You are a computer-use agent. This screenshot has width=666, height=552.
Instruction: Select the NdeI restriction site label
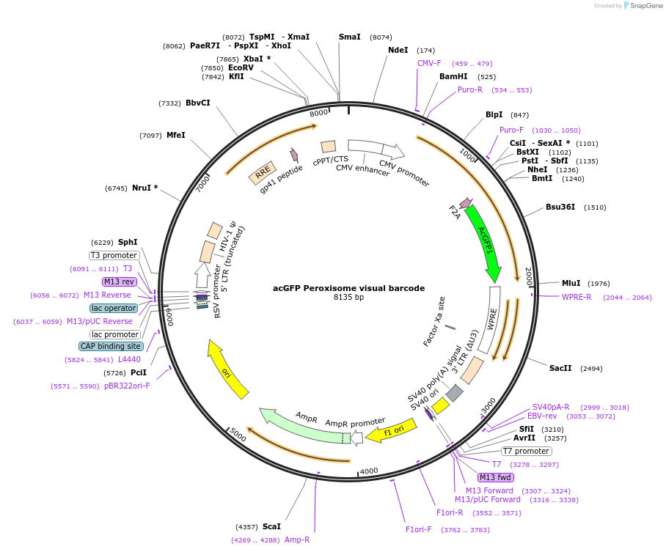[x=398, y=50]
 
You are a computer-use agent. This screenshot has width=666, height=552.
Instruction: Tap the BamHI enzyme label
[x=453, y=76]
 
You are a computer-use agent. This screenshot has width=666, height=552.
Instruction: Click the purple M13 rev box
[x=120, y=281]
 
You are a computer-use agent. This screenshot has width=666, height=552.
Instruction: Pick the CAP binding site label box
[x=111, y=346]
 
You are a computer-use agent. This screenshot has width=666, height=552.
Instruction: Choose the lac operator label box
[x=114, y=308]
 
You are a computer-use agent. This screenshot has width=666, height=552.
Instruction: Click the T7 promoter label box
[x=526, y=451]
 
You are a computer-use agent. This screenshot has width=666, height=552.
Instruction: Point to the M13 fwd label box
[x=495, y=477]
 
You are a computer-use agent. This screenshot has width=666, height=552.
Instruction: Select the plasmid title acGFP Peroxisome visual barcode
[x=348, y=288]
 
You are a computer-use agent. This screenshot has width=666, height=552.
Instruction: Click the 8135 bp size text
[x=348, y=298]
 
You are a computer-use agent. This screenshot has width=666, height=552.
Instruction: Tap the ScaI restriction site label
[x=271, y=526]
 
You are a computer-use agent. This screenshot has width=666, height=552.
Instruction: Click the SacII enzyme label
[x=560, y=368]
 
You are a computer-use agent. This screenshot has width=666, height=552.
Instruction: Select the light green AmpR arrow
[x=301, y=426]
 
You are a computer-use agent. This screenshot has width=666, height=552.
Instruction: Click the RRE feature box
[x=262, y=173]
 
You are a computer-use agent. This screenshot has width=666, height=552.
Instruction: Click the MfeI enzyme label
[x=175, y=135]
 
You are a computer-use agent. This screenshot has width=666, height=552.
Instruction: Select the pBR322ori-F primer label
[x=127, y=386]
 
